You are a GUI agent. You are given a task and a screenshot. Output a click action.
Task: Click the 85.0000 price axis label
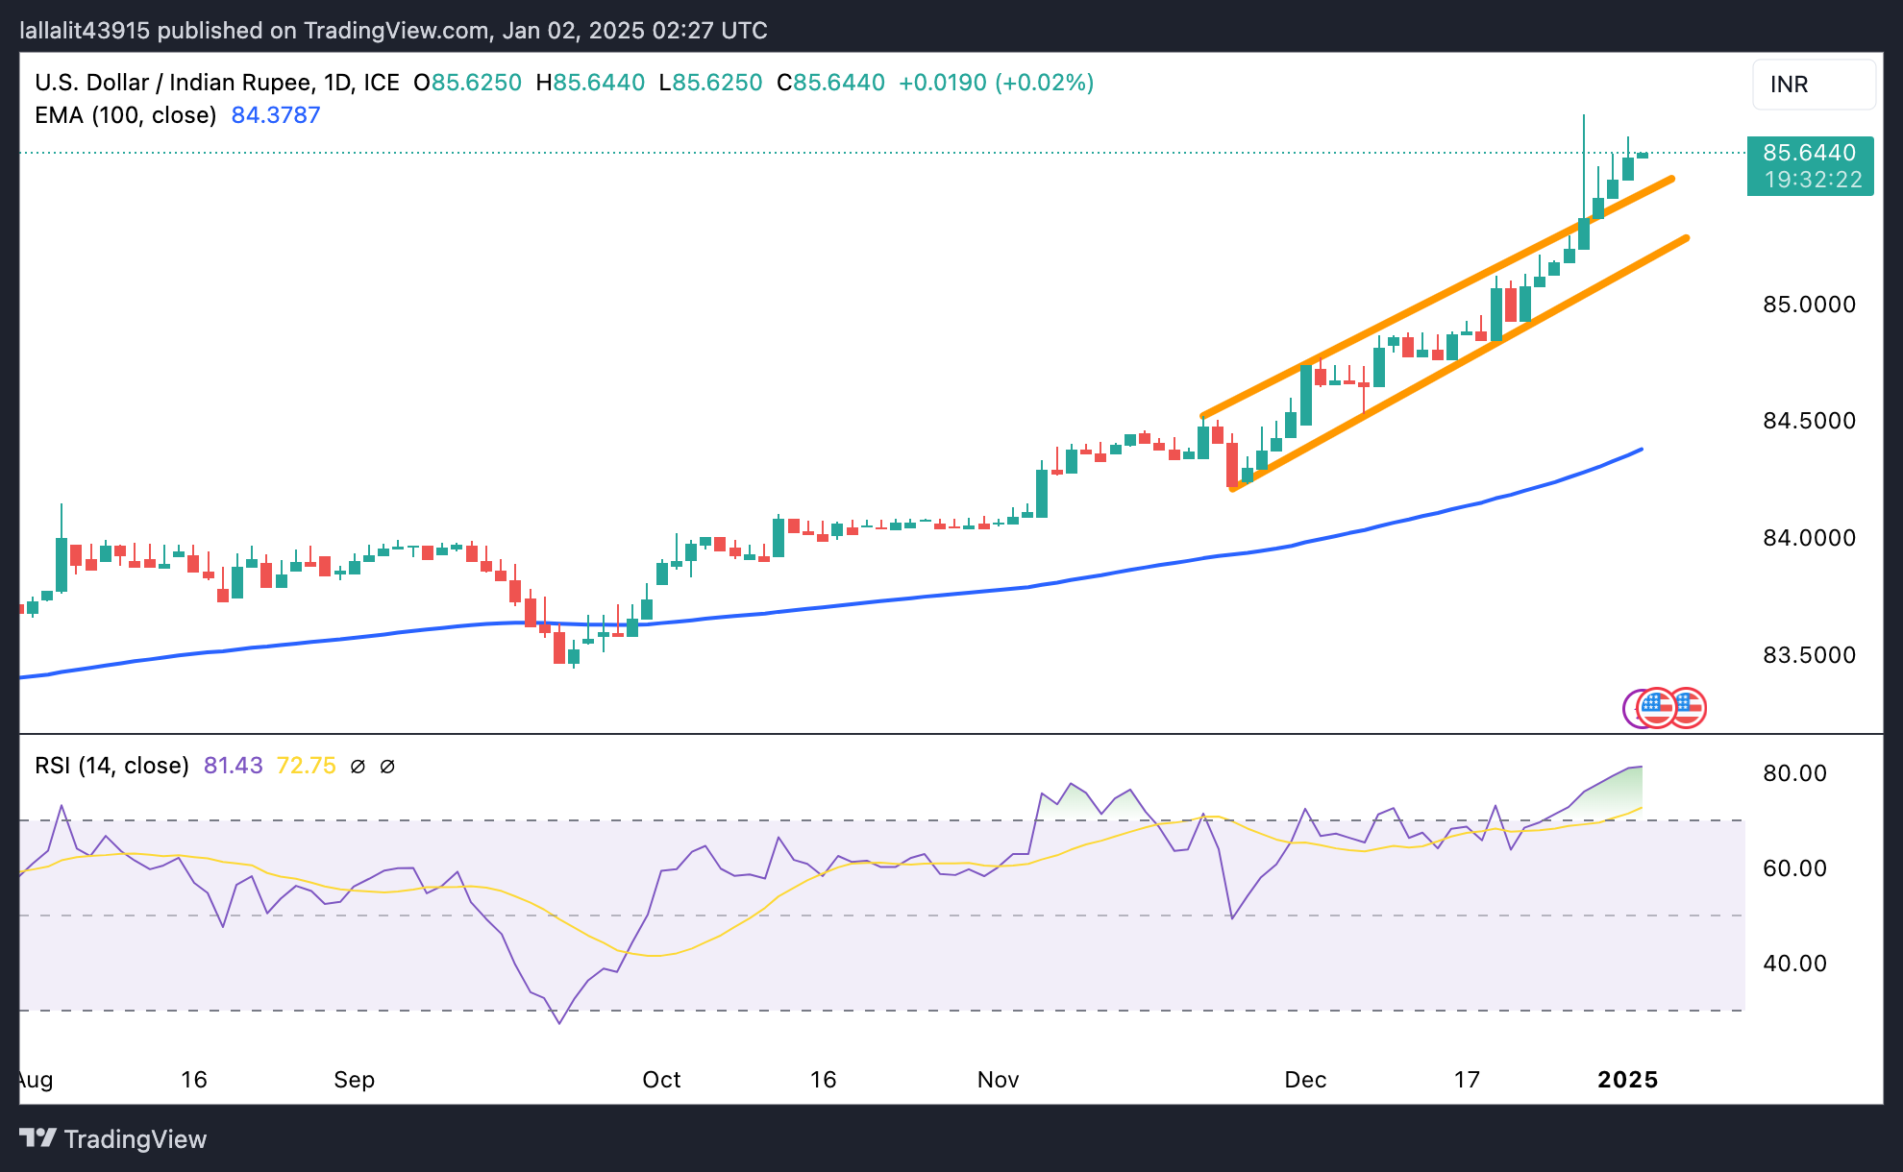click(1808, 305)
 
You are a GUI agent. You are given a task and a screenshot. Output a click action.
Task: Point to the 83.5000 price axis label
click(1808, 655)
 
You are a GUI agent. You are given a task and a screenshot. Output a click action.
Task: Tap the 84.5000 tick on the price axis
click(1808, 421)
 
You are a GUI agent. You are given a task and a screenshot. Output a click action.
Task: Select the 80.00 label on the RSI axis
click(1794, 773)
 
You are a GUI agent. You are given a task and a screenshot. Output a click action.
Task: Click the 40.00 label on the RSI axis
click(1794, 964)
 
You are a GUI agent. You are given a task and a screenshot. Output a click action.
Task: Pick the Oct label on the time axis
click(661, 1080)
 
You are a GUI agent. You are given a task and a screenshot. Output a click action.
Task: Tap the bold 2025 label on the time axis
click(1627, 1080)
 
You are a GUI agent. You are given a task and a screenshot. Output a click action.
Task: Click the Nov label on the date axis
click(998, 1080)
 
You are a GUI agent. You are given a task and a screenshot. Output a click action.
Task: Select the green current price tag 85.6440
click(1809, 153)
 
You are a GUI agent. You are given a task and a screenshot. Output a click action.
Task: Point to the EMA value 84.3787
click(276, 115)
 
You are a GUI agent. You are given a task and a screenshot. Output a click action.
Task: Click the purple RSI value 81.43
click(233, 766)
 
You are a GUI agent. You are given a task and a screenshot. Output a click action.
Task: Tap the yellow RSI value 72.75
click(306, 766)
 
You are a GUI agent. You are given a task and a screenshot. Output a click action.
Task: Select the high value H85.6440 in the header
click(590, 83)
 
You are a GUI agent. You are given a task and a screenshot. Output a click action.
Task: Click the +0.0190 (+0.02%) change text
click(996, 83)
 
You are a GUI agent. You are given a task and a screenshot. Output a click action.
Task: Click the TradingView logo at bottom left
click(113, 1139)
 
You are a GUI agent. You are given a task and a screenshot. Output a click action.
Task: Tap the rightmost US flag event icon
click(1687, 709)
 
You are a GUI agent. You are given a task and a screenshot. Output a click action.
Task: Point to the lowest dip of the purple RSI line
click(559, 1023)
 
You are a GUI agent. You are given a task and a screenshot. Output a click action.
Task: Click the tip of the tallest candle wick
click(1584, 116)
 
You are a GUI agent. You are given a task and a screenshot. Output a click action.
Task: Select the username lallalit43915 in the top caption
click(85, 31)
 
